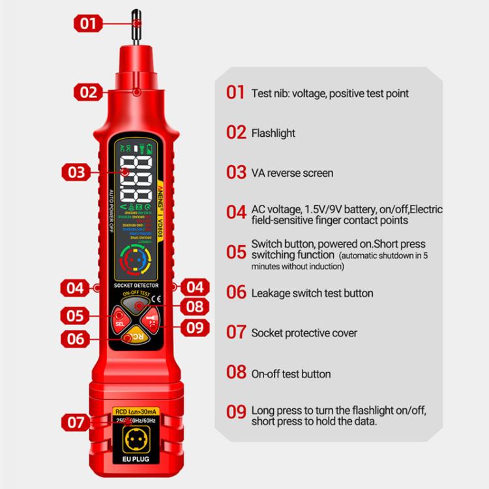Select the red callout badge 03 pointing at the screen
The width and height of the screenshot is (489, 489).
[76, 172]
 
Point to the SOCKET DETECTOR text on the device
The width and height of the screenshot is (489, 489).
[136, 286]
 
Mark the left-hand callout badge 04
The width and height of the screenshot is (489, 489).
[76, 287]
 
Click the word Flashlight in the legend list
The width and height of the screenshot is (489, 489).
[273, 133]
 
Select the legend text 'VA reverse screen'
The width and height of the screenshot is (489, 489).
[292, 173]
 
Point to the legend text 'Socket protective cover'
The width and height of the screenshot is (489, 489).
[304, 333]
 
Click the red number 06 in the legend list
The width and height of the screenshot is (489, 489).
[236, 293]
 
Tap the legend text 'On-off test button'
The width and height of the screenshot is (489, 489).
[291, 374]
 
